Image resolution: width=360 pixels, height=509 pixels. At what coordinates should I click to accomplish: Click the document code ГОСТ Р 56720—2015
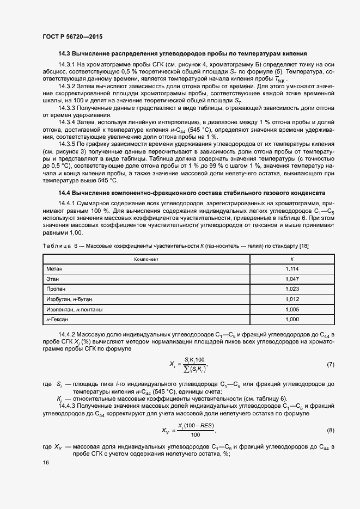[x=72, y=36]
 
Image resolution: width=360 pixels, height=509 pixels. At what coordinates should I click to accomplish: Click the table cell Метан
[x=54, y=268]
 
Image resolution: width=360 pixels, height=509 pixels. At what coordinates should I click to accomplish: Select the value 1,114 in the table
[x=292, y=268]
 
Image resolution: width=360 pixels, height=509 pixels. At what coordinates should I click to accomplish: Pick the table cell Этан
[x=52, y=279]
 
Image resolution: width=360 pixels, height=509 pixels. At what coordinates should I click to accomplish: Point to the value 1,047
[x=292, y=279]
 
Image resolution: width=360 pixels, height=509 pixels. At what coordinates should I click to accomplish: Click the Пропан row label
[x=56, y=289]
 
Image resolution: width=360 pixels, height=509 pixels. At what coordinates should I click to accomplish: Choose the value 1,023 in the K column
[x=292, y=289]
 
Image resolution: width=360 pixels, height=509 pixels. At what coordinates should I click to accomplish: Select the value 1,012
[x=292, y=299]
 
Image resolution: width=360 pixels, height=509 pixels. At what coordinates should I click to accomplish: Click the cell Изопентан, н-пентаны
[x=75, y=309]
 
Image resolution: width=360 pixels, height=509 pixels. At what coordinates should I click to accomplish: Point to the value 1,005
[x=292, y=309]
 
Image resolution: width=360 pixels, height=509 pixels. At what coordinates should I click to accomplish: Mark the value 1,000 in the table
[x=292, y=319]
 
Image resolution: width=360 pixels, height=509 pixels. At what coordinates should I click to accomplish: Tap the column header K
[x=292, y=259]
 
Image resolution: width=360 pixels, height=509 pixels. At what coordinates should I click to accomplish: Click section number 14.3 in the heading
[x=65, y=54]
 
